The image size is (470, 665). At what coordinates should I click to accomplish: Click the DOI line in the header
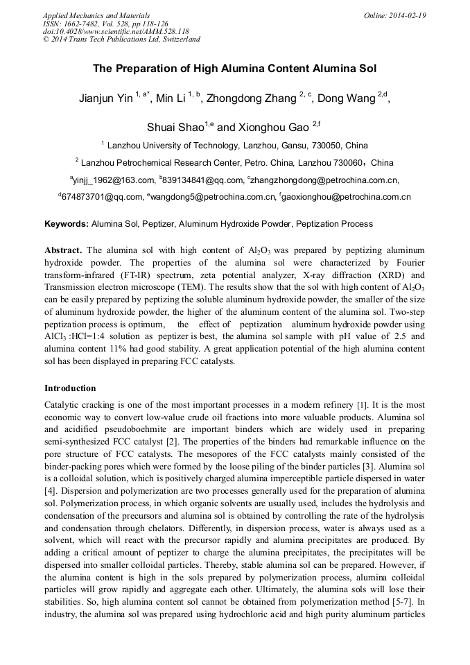click(116, 31)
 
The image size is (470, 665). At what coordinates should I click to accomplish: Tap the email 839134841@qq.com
click(194, 180)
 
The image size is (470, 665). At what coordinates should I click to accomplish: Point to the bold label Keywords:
click(67, 224)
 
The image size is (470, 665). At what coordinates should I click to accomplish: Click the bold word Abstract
click(63, 250)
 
